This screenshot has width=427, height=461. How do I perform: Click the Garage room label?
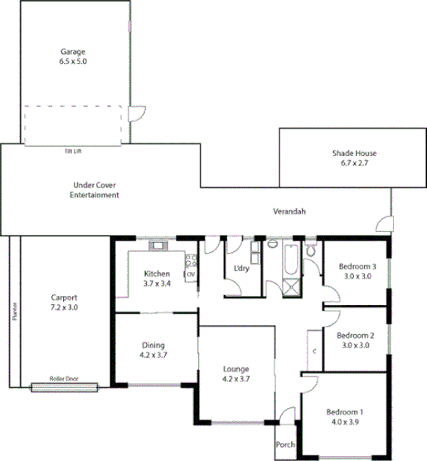click(72, 50)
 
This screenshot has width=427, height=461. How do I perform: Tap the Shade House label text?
click(354, 153)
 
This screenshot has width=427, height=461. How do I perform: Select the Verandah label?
click(289, 212)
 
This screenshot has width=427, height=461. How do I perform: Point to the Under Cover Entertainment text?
click(94, 190)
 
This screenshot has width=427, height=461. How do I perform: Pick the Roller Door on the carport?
click(63, 386)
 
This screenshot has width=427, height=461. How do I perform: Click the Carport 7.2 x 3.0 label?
click(65, 302)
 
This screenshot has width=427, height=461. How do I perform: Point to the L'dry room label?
click(241, 268)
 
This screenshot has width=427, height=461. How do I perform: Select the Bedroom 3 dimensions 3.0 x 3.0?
click(357, 277)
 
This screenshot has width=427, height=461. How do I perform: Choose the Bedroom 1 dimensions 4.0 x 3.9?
click(344, 422)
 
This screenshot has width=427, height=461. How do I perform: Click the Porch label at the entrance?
click(285, 444)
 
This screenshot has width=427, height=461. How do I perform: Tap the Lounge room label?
click(237, 369)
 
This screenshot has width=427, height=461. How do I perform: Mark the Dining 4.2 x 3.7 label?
click(153, 351)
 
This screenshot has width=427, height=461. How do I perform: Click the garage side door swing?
click(137, 115)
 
